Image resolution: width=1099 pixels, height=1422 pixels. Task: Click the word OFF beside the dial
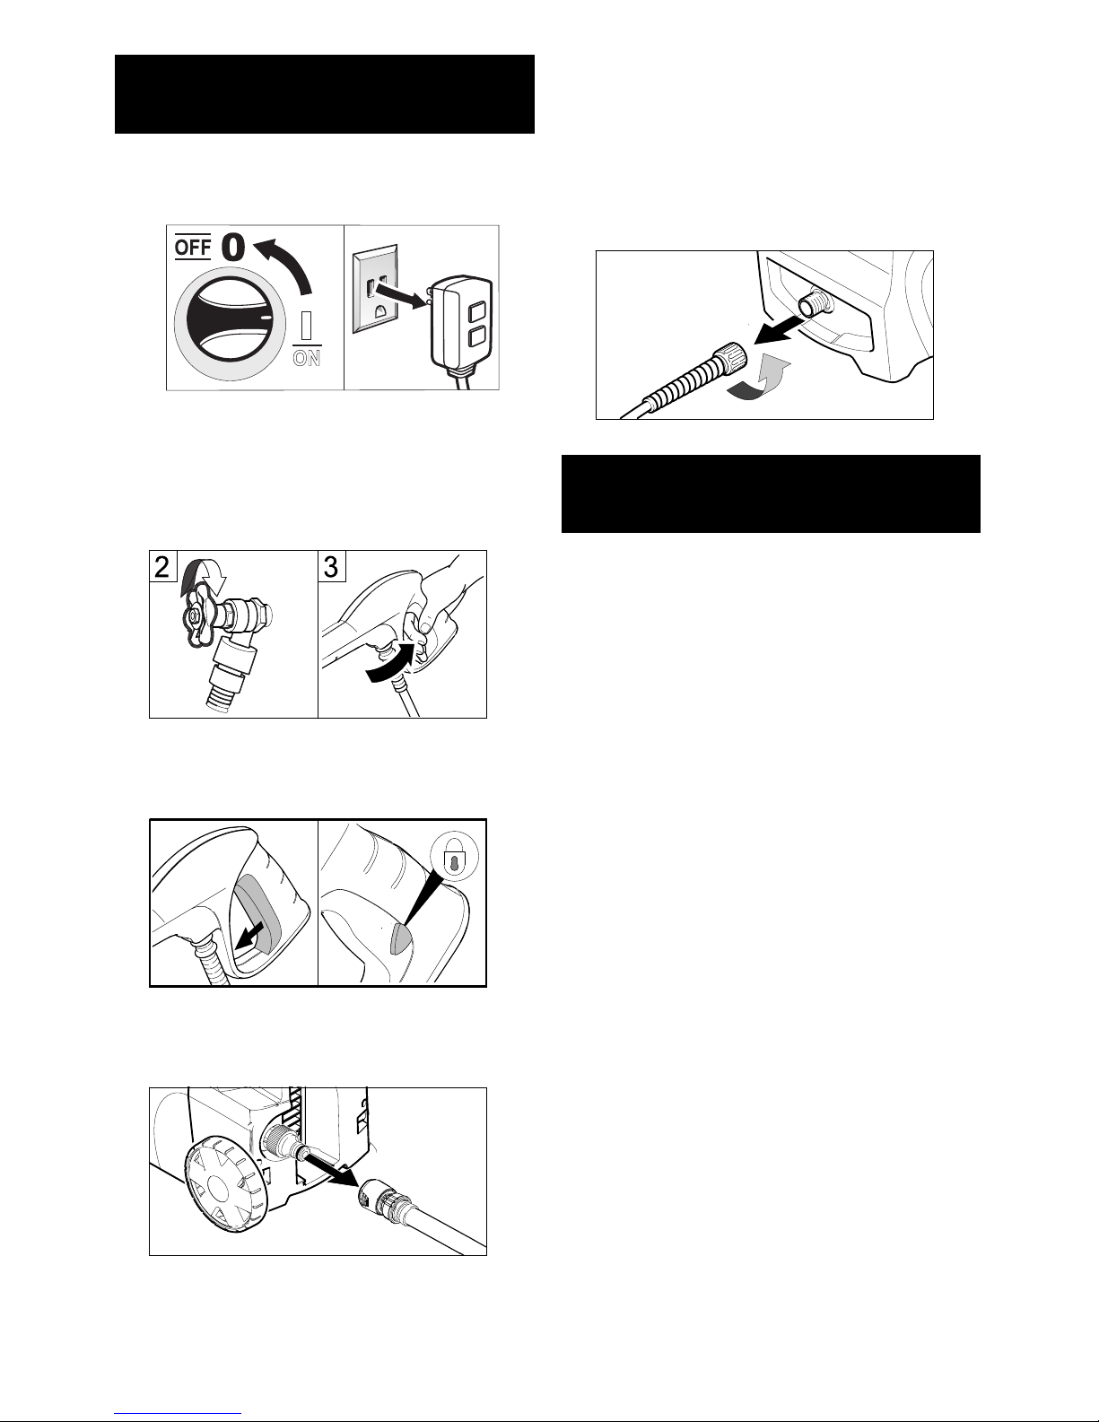tap(193, 248)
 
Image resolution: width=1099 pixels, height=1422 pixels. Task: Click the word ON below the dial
tap(307, 358)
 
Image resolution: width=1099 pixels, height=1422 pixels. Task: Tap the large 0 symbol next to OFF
tap(233, 248)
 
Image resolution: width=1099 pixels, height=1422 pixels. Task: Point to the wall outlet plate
tap(375, 289)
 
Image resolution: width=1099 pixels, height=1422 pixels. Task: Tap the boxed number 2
tap(162, 566)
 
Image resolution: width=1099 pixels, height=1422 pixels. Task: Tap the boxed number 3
tap(331, 566)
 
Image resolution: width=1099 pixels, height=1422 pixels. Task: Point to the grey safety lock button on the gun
tap(400, 936)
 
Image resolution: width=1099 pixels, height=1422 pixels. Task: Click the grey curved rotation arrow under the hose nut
tap(760, 378)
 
